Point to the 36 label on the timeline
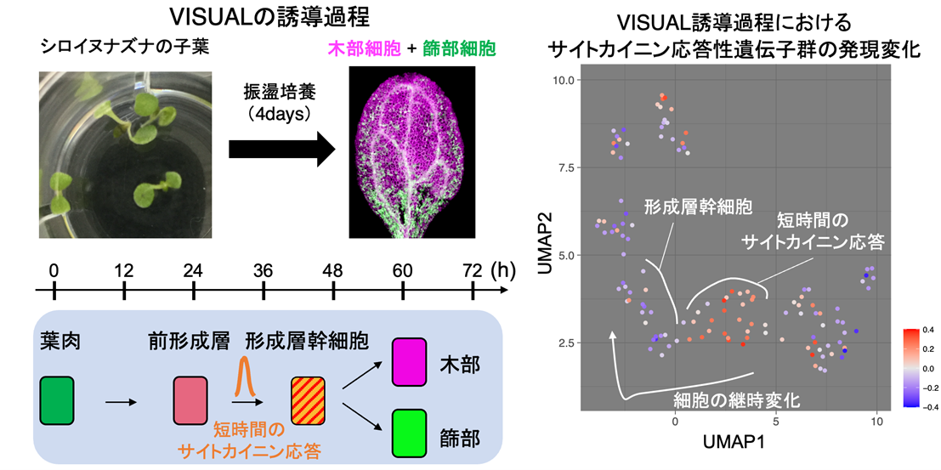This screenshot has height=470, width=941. (263, 270)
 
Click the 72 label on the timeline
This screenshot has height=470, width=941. (472, 270)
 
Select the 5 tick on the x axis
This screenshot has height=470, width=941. (775, 422)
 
